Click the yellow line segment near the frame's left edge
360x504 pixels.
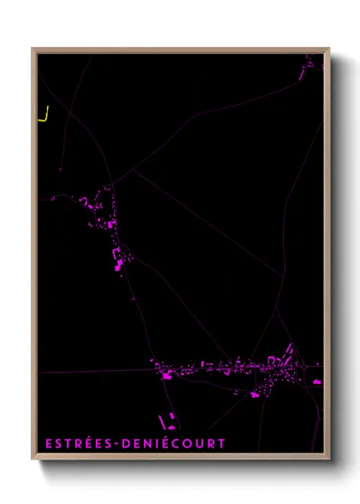pyautogui.click(x=44, y=115)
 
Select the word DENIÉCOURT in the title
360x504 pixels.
pyautogui.click(x=175, y=443)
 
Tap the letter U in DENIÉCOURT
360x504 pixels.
pyautogui.click(x=200, y=443)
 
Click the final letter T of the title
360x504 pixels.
pyautogui.click(x=221, y=443)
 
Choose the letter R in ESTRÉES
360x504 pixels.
pyautogui.click(x=81, y=443)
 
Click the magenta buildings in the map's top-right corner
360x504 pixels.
pyautogui.click(x=309, y=63)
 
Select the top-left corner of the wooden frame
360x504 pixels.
pyautogui.click(x=33, y=49)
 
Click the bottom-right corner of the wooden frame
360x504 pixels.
pyautogui.click(x=329, y=459)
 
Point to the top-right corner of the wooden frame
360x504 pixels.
pyautogui.click(x=329, y=49)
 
